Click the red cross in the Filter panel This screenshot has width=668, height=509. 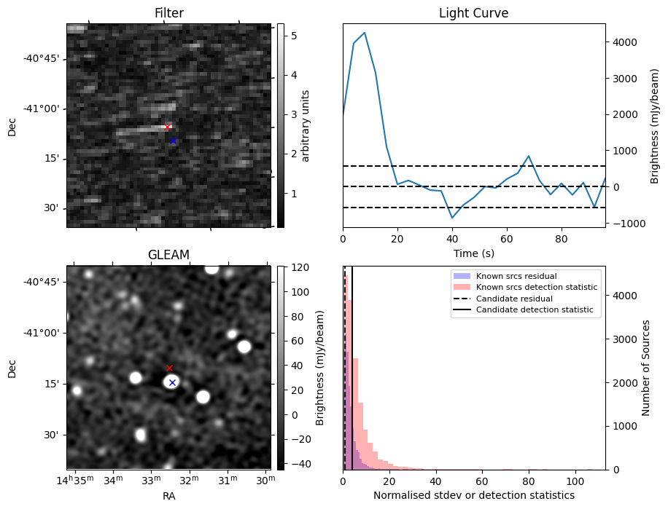click(x=167, y=127)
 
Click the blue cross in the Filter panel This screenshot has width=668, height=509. click(x=173, y=141)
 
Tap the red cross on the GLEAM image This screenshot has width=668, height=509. click(x=169, y=368)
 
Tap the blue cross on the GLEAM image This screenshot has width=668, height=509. click(x=172, y=382)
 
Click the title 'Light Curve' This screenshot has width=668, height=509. click(x=473, y=13)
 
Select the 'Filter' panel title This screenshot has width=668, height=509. click(x=169, y=13)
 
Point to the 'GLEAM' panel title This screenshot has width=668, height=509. click(x=169, y=254)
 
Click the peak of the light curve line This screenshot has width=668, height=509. click(x=365, y=33)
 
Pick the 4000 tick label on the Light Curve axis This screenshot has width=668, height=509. click(x=624, y=42)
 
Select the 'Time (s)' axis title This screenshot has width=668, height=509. click(x=473, y=252)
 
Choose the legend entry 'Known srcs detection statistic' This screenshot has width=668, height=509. click(x=536, y=288)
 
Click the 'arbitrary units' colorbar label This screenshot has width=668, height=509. click(x=306, y=125)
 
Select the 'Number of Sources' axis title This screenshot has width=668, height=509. click(x=646, y=368)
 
